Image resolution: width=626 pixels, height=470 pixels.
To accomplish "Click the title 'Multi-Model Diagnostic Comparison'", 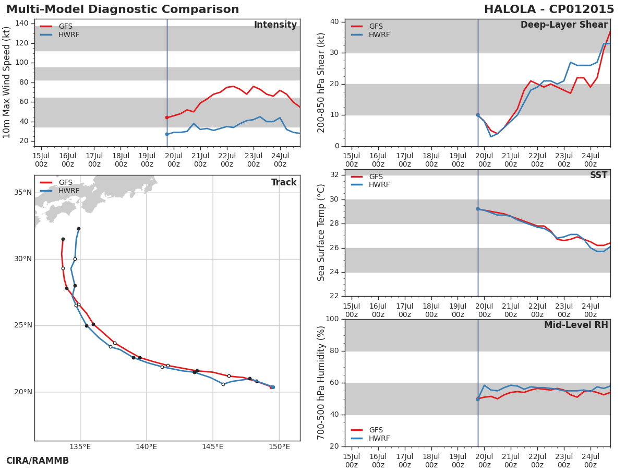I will point(123,9).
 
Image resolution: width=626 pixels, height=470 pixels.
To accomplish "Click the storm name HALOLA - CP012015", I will point(549,9).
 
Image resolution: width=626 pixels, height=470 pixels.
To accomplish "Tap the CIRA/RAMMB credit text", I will point(38,461).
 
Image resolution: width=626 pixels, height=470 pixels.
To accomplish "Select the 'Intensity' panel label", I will point(275,25).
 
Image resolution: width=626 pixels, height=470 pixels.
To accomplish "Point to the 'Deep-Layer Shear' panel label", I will point(564,25).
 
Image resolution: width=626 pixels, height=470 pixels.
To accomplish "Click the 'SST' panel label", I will point(598,175).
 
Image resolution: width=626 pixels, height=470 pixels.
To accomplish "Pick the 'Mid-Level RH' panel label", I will point(576,325).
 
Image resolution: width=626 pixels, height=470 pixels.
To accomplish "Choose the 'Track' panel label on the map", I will point(284,182).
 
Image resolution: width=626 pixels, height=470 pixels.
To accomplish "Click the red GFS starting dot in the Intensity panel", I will point(167,118).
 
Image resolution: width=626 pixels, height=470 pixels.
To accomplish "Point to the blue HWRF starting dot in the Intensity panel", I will point(167,134).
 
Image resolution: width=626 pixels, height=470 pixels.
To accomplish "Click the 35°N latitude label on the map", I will point(22,193).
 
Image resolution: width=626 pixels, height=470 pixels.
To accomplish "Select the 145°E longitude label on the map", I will point(212,446).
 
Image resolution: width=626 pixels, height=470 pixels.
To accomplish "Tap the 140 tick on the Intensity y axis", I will point(21,23).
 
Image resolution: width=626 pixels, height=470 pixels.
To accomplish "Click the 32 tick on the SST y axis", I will point(334,175).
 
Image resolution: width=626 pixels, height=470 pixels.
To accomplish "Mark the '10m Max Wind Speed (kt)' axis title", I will point(7,83).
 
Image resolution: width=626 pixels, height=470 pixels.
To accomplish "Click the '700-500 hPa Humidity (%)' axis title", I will point(321,382).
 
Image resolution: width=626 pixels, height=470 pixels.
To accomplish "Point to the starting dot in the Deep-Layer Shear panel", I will point(478,115).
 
